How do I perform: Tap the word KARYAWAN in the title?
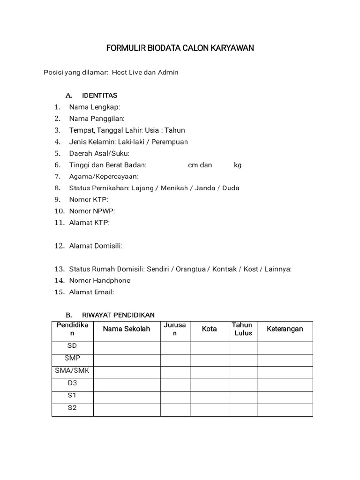pos(232,48)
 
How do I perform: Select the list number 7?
pos(58,177)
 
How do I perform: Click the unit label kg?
pos(238,165)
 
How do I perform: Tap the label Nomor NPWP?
pos(92,211)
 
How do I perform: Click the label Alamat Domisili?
pos(96,246)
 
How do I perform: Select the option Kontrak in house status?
pos(225,269)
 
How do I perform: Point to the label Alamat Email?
pos(91,292)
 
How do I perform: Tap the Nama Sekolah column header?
pos(127,329)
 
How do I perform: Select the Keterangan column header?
pos(285,329)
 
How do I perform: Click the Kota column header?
pos(209,329)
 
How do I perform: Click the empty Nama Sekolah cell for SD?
pos(127,347)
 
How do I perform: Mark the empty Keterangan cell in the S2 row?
pos(285,410)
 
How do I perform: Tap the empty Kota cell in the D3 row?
pos(209,384)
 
